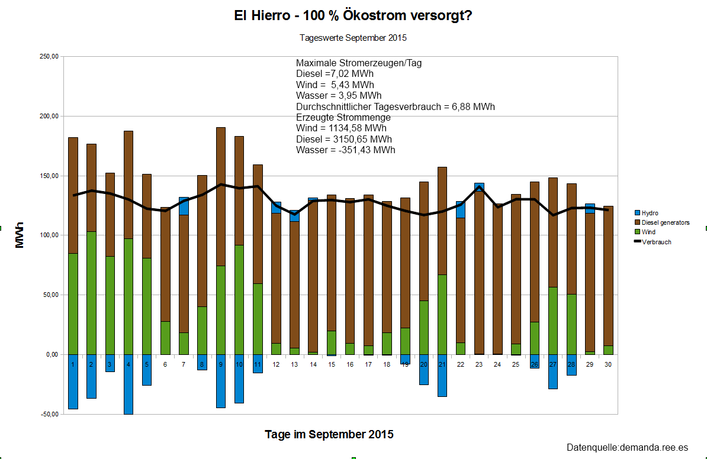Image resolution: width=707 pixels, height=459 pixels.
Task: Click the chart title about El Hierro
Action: point(353,16)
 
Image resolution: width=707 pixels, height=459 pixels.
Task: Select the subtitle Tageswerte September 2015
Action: point(353,38)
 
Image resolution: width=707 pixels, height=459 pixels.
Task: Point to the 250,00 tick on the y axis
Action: point(48,57)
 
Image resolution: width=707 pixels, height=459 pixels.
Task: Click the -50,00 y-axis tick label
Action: point(48,414)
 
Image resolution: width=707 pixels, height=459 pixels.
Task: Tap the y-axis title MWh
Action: point(20,235)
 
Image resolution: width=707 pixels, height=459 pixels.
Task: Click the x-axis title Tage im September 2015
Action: point(329,435)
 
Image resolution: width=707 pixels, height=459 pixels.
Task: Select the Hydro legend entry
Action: point(650,213)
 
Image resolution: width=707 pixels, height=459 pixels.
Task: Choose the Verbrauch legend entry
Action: point(656,242)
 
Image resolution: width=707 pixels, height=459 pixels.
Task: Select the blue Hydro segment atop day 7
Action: point(184,206)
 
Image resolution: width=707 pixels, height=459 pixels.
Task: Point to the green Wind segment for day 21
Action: point(442,314)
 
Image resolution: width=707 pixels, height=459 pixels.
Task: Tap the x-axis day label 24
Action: point(497,364)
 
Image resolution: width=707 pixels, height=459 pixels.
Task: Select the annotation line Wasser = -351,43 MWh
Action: point(345,150)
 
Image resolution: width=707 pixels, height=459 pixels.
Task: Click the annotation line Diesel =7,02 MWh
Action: point(335,74)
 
